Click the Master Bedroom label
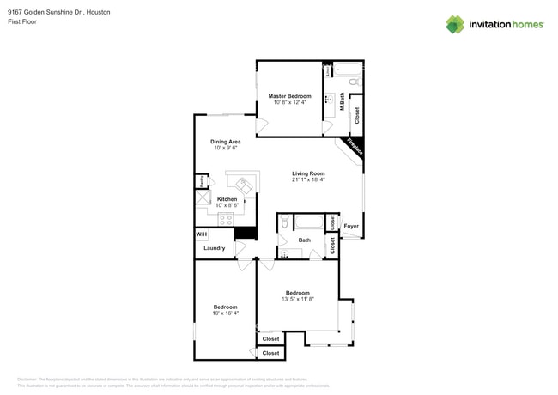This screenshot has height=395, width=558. coord(289,96)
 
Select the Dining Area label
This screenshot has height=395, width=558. coord(225,142)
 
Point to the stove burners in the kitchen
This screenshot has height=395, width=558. coord(226,219)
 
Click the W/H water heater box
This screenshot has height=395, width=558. coord(202,234)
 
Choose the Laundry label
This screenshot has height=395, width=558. coord(214,248)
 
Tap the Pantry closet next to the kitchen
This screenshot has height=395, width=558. coord(201,181)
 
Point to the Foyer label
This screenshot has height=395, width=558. coord(351,227)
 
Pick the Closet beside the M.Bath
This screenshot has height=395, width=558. coord(356,114)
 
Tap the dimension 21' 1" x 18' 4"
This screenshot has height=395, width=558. coord(307,180)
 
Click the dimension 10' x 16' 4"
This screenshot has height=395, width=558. coord(225,313)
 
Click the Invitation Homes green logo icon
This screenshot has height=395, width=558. coord(454,24)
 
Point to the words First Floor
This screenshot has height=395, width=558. coord(23,22)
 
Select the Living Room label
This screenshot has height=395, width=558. coord(307,173)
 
